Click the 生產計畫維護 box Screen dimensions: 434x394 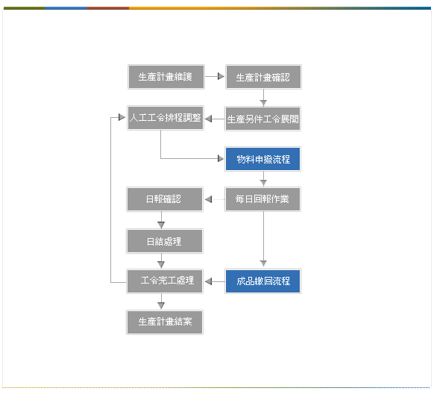coord(166,77)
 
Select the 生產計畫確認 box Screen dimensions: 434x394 coord(263,77)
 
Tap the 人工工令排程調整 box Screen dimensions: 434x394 coord(166,118)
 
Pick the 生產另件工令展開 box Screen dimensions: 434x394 coord(262,119)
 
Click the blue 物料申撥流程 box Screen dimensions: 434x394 coord(262,159)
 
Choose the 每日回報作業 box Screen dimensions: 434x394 coord(262,199)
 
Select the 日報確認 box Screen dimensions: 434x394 coord(165,199)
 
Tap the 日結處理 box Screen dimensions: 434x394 coord(165,241)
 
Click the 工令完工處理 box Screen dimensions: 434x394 coord(165,281)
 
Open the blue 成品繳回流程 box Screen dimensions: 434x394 coord(262,281)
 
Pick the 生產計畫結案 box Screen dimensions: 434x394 coord(165,322)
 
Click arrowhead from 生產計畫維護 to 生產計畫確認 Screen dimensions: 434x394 coord(221,76)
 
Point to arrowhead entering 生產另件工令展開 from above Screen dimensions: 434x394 coord(263,103)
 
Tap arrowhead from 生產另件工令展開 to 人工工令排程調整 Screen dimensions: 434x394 coord(208,119)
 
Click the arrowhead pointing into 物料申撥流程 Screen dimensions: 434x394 coord(221,159)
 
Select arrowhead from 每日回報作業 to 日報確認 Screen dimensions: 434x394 coord(208,199)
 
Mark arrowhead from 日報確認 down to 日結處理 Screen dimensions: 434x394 coord(161,225)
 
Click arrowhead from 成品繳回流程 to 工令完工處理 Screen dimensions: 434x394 coord(208,281)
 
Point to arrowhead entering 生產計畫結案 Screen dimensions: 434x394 coord(161,305)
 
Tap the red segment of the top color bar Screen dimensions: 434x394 coord(108,8)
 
